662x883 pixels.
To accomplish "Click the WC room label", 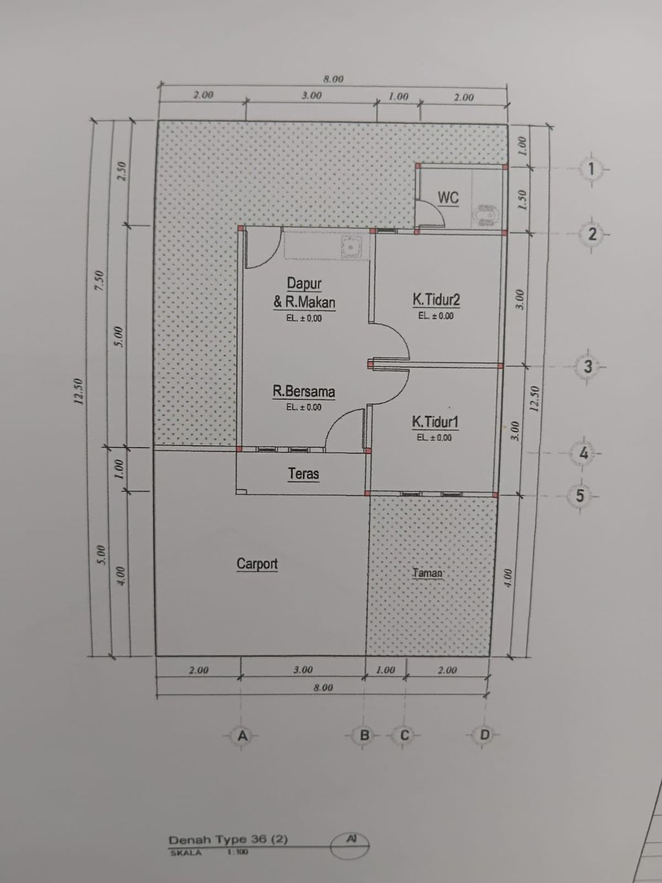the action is (448, 197).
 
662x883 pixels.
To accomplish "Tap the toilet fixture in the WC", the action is (487, 215).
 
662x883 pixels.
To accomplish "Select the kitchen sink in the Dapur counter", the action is (351, 246).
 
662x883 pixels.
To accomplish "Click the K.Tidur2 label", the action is (436, 300).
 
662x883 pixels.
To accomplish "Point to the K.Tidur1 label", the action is (435, 422).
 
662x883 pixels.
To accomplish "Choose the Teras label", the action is (303, 474).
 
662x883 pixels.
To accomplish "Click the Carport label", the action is (257, 563).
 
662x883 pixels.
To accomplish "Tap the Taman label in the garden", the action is (427, 573).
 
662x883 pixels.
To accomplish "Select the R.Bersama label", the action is (304, 391).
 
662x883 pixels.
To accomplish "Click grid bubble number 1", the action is (592, 169).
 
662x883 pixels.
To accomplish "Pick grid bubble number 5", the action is (580, 496).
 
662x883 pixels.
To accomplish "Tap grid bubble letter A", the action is (242, 736).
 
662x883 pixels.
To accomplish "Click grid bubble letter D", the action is (484, 735).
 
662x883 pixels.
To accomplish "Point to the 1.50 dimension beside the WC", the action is (522, 200).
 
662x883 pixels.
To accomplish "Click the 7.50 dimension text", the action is (100, 280).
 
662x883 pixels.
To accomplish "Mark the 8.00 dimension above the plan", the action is (334, 80).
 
